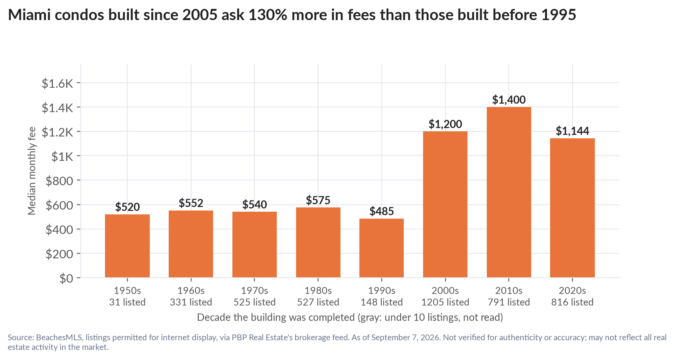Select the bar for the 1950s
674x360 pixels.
(x=127, y=246)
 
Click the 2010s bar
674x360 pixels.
(x=509, y=192)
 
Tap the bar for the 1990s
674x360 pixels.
(x=381, y=248)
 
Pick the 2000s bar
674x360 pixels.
(x=445, y=204)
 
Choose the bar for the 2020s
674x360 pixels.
(x=572, y=208)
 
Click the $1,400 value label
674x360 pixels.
(x=509, y=100)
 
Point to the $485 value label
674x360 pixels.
(x=381, y=211)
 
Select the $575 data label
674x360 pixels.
(x=318, y=200)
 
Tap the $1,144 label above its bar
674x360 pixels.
(x=572, y=131)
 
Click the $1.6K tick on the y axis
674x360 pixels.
(x=58, y=83)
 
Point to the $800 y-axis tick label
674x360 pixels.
(x=59, y=180)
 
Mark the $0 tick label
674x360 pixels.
(x=66, y=278)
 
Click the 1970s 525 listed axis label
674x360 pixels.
(x=254, y=296)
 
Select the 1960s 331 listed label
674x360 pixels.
(x=191, y=296)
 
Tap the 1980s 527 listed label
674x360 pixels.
(x=318, y=296)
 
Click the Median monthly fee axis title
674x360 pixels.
(x=32, y=171)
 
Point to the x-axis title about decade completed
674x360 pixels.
(x=350, y=318)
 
